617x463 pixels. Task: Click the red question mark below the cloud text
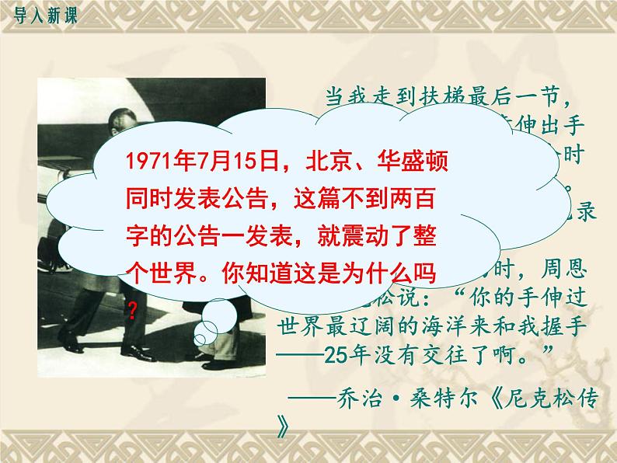pyautogui.click(x=133, y=310)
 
